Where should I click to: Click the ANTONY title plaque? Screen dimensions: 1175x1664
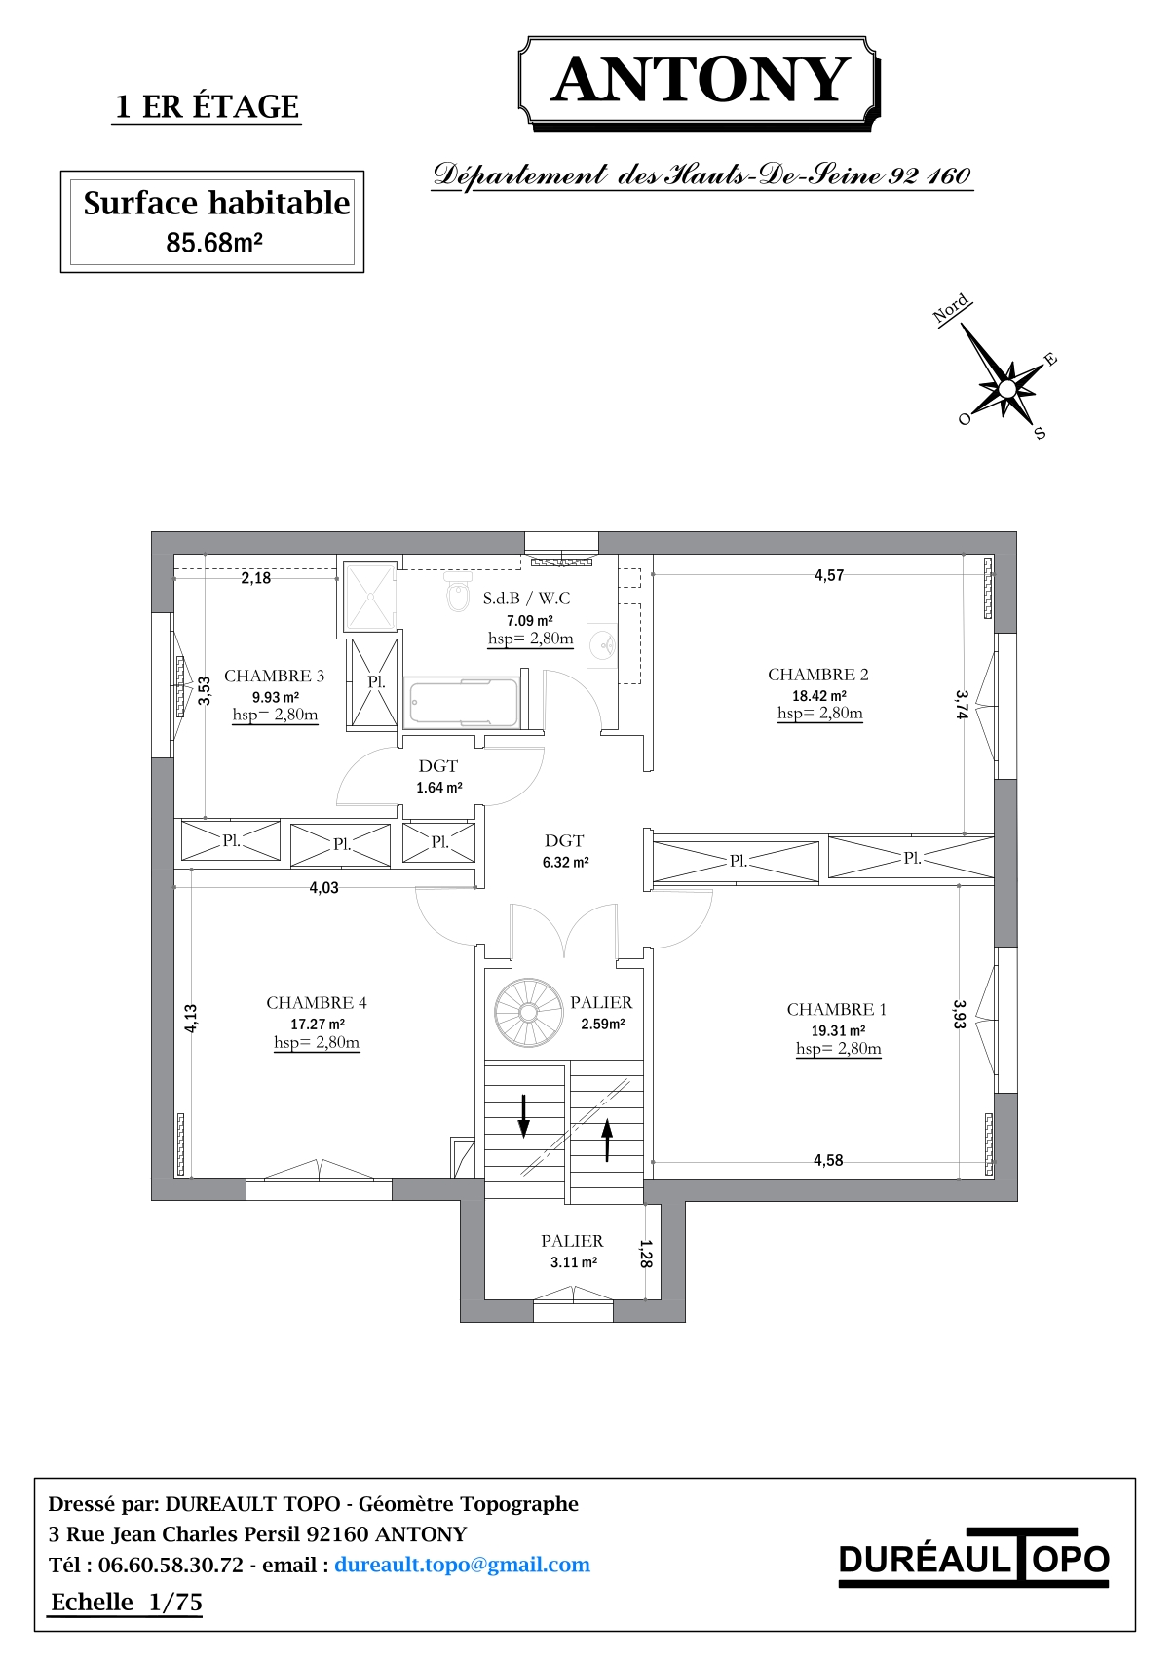tap(699, 84)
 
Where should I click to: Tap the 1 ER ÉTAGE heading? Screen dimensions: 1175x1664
tap(207, 107)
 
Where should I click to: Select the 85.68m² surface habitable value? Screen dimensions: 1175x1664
tap(214, 243)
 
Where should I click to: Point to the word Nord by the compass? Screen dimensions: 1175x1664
tap(951, 308)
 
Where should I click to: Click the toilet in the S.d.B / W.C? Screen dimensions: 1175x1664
tap(458, 592)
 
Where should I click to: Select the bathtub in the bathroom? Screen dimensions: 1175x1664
tap(464, 701)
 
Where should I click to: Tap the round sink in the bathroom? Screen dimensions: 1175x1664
tap(602, 644)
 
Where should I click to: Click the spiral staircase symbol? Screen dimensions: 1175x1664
tap(527, 1012)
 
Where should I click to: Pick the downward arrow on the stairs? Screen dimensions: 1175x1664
tap(523, 1116)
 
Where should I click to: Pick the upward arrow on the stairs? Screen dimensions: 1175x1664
tap(607, 1140)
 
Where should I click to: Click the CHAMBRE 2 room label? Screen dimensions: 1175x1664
tap(818, 675)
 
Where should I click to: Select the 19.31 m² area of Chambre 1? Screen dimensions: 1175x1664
tap(838, 1030)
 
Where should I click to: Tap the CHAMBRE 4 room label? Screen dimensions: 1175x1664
tap(317, 1003)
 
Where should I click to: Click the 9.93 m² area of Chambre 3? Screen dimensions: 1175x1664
tap(276, 697)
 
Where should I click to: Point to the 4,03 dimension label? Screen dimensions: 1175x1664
tap(323, 887)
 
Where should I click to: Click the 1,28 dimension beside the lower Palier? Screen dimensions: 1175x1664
tap(646, 1254)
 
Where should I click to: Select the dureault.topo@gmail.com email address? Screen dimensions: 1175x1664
tap(462, 1565)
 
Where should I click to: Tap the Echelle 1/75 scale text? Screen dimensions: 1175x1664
tap(127, 1603)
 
